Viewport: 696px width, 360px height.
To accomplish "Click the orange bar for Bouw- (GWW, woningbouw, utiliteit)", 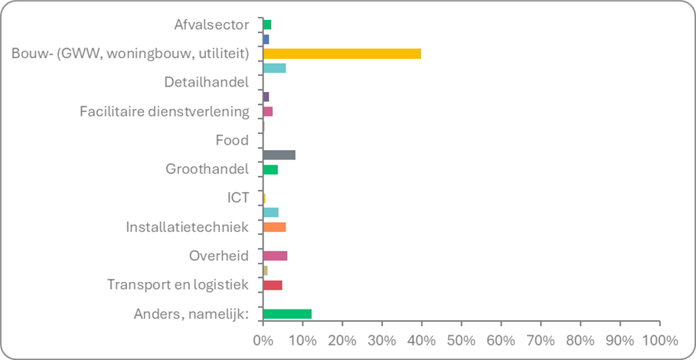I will (x=341, y=54).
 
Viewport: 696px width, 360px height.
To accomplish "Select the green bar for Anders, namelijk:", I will (x=287, y=313).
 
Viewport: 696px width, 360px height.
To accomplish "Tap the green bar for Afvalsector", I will (x=266, y=25).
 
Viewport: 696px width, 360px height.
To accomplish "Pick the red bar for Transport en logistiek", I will (x=273, y=285).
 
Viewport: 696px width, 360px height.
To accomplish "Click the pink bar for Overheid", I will (x=275, y=256).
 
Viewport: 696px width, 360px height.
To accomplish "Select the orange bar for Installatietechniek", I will (x=274, y=227).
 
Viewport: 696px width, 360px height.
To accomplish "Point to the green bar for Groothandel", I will (x=270, y=169).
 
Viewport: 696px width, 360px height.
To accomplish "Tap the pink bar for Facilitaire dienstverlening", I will (x=267, y=112).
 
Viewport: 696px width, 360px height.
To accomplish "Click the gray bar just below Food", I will (x=279, y=155).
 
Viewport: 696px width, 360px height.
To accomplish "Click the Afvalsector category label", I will (x=211, y=25).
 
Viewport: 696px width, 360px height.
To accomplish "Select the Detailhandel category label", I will (x=207, y=83).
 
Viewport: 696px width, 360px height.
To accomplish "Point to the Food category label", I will (x=233, y=140).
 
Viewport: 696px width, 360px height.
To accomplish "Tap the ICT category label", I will (x=240, y=198).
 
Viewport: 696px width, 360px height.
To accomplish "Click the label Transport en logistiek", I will (x=178, y=285).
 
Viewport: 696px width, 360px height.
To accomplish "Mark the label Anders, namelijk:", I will (x=191, y=313).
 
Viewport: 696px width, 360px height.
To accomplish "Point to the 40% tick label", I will (x=421, y=339).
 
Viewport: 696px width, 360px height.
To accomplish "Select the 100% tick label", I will (x=659, y=339).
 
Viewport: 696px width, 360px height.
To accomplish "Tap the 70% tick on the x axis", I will (x=541, y=339).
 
